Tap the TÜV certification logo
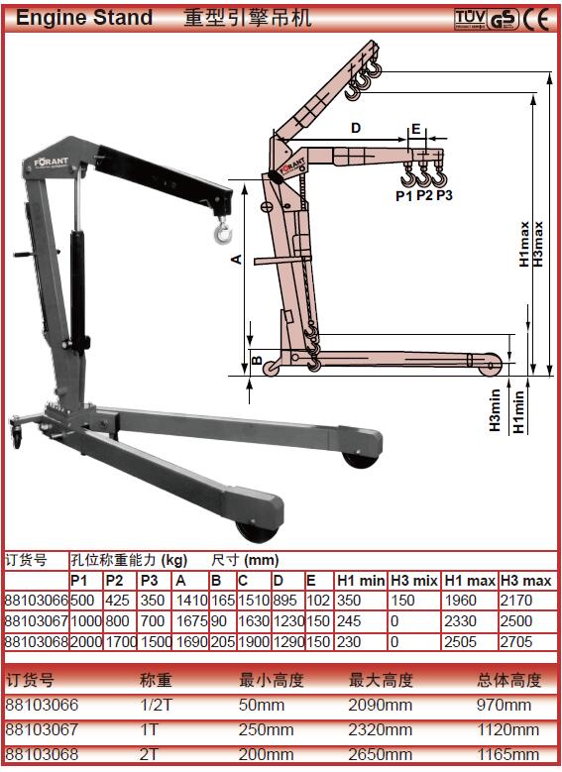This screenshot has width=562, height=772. [470, 19]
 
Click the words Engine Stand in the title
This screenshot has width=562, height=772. [84, 18]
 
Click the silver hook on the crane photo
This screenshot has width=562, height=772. [223, 231]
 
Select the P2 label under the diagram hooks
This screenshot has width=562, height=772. [424, 195]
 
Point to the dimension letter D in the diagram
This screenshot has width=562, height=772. [356, 128]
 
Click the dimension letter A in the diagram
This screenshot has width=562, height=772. [237, 259]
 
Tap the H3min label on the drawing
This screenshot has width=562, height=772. [495, 410]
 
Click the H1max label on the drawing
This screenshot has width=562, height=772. [524, 244]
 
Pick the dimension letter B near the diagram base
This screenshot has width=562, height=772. [257, 360]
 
